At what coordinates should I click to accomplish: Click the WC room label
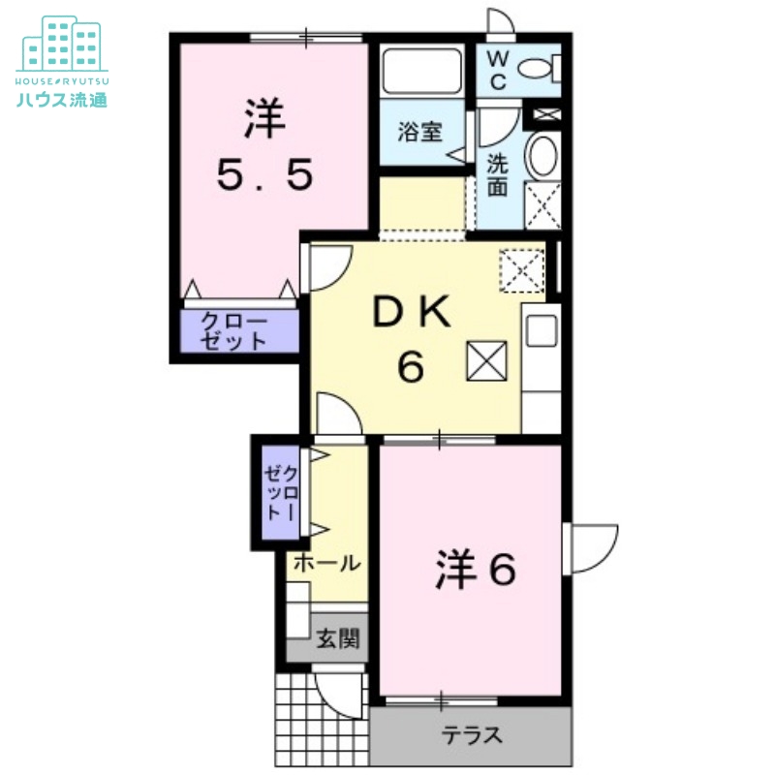coord(496,69)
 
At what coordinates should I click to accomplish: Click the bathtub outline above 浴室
coord(421,70)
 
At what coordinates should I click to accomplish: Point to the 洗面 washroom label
coord(497,174)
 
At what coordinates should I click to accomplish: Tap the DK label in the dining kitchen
coord(411,313)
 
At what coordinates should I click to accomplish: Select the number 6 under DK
coord(411,368)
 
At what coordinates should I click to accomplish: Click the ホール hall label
coord(325,563)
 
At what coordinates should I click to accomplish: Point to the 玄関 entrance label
coord(337,639)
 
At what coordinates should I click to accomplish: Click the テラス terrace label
coord(473,736)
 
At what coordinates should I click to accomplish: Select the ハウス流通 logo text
coord(62,98)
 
